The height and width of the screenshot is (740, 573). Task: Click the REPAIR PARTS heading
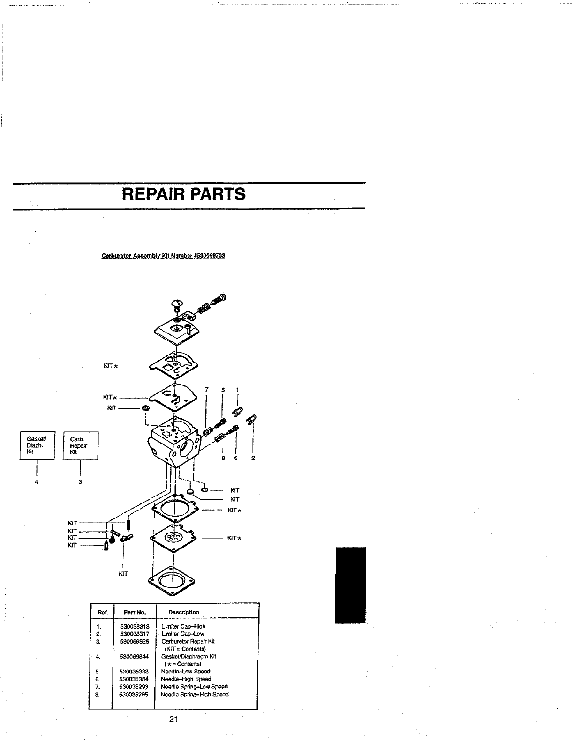click(x=183, y=194)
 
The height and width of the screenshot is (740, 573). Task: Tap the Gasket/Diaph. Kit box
click(x=37, y=445)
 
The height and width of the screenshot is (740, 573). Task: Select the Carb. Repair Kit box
click(x=81, y=445)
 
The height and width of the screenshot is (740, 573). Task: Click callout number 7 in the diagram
click(x=206, y=390)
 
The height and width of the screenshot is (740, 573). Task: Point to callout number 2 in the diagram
click(x=253, y=458)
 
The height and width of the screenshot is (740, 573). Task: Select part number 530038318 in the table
click(x=134, y=626)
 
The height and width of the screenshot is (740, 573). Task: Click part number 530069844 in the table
click(x=134, y=656)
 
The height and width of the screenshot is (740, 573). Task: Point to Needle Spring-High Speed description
click(x=195, y=694)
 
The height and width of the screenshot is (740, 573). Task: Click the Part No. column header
click(x=135, y=612)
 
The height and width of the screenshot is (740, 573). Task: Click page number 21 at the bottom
click(x=173, y=719)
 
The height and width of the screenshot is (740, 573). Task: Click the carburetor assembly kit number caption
click(x=164, y=256)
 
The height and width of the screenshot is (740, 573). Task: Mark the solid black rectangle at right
click(x=350, y=585)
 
